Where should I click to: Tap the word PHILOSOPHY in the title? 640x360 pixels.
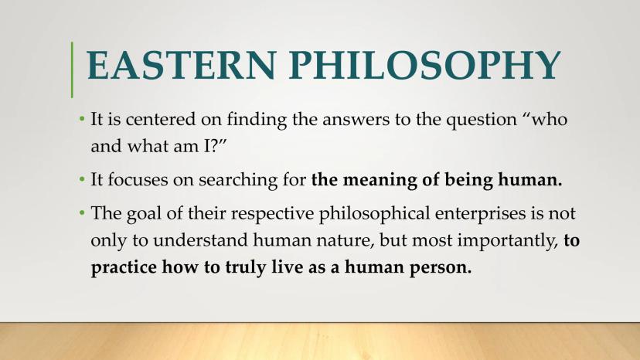[x=425, y=66]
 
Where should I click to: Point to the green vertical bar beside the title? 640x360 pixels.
[x=72, y=70]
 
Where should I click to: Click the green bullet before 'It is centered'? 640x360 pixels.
[x=82, y=119]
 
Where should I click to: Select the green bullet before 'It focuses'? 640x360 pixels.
[x=82, y=179]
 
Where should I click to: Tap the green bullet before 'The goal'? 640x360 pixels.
[x=82, y=212]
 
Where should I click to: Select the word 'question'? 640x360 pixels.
[x=482, y=121]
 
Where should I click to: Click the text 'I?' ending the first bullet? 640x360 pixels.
[x=213, y=146]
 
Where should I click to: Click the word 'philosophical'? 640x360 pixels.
[x=374, y=214]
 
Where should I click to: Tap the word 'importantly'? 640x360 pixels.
[x=508, y=241]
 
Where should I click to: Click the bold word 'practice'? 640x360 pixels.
[x=124, y=267]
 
